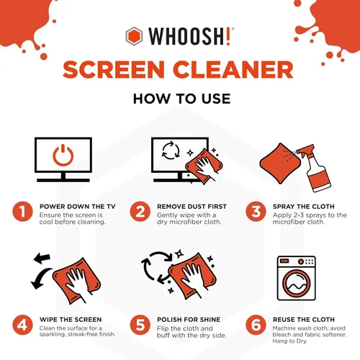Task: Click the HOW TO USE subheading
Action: pos(179,98)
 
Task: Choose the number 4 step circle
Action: pos(23,325)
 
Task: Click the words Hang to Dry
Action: pos(293,343)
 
